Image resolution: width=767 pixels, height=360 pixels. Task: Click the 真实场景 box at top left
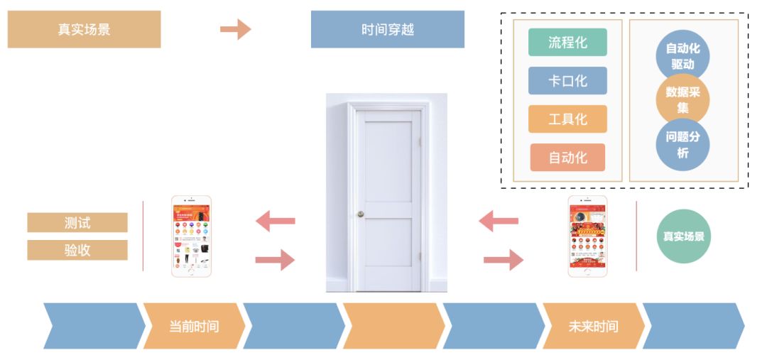point(84,30)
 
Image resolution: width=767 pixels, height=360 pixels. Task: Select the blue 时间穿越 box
point(387,30)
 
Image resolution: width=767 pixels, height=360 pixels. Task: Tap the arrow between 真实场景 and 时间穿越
point(235,29)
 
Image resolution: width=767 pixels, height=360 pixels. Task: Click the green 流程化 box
point(567,43)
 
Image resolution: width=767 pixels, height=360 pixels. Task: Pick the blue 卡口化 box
point(567,81)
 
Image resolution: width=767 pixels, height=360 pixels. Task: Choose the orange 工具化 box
point(567,119)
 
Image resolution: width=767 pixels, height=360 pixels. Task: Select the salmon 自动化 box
point(567,158)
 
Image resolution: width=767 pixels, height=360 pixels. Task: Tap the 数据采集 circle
point(682,100)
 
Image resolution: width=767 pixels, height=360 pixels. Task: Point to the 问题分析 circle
point(682,144)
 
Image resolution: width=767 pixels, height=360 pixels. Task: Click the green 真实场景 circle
point(683,236)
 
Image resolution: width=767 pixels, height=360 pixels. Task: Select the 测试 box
point(77,222)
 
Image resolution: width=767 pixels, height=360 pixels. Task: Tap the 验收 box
point(77,250)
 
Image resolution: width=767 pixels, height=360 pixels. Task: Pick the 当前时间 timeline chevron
point(194,326)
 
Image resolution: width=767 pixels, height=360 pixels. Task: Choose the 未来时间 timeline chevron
point(593,326)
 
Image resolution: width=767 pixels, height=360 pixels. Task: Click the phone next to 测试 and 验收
point(191,236)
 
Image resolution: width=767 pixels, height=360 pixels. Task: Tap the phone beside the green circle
point(587,236)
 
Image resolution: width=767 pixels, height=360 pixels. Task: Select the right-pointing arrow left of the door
point(275,259)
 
